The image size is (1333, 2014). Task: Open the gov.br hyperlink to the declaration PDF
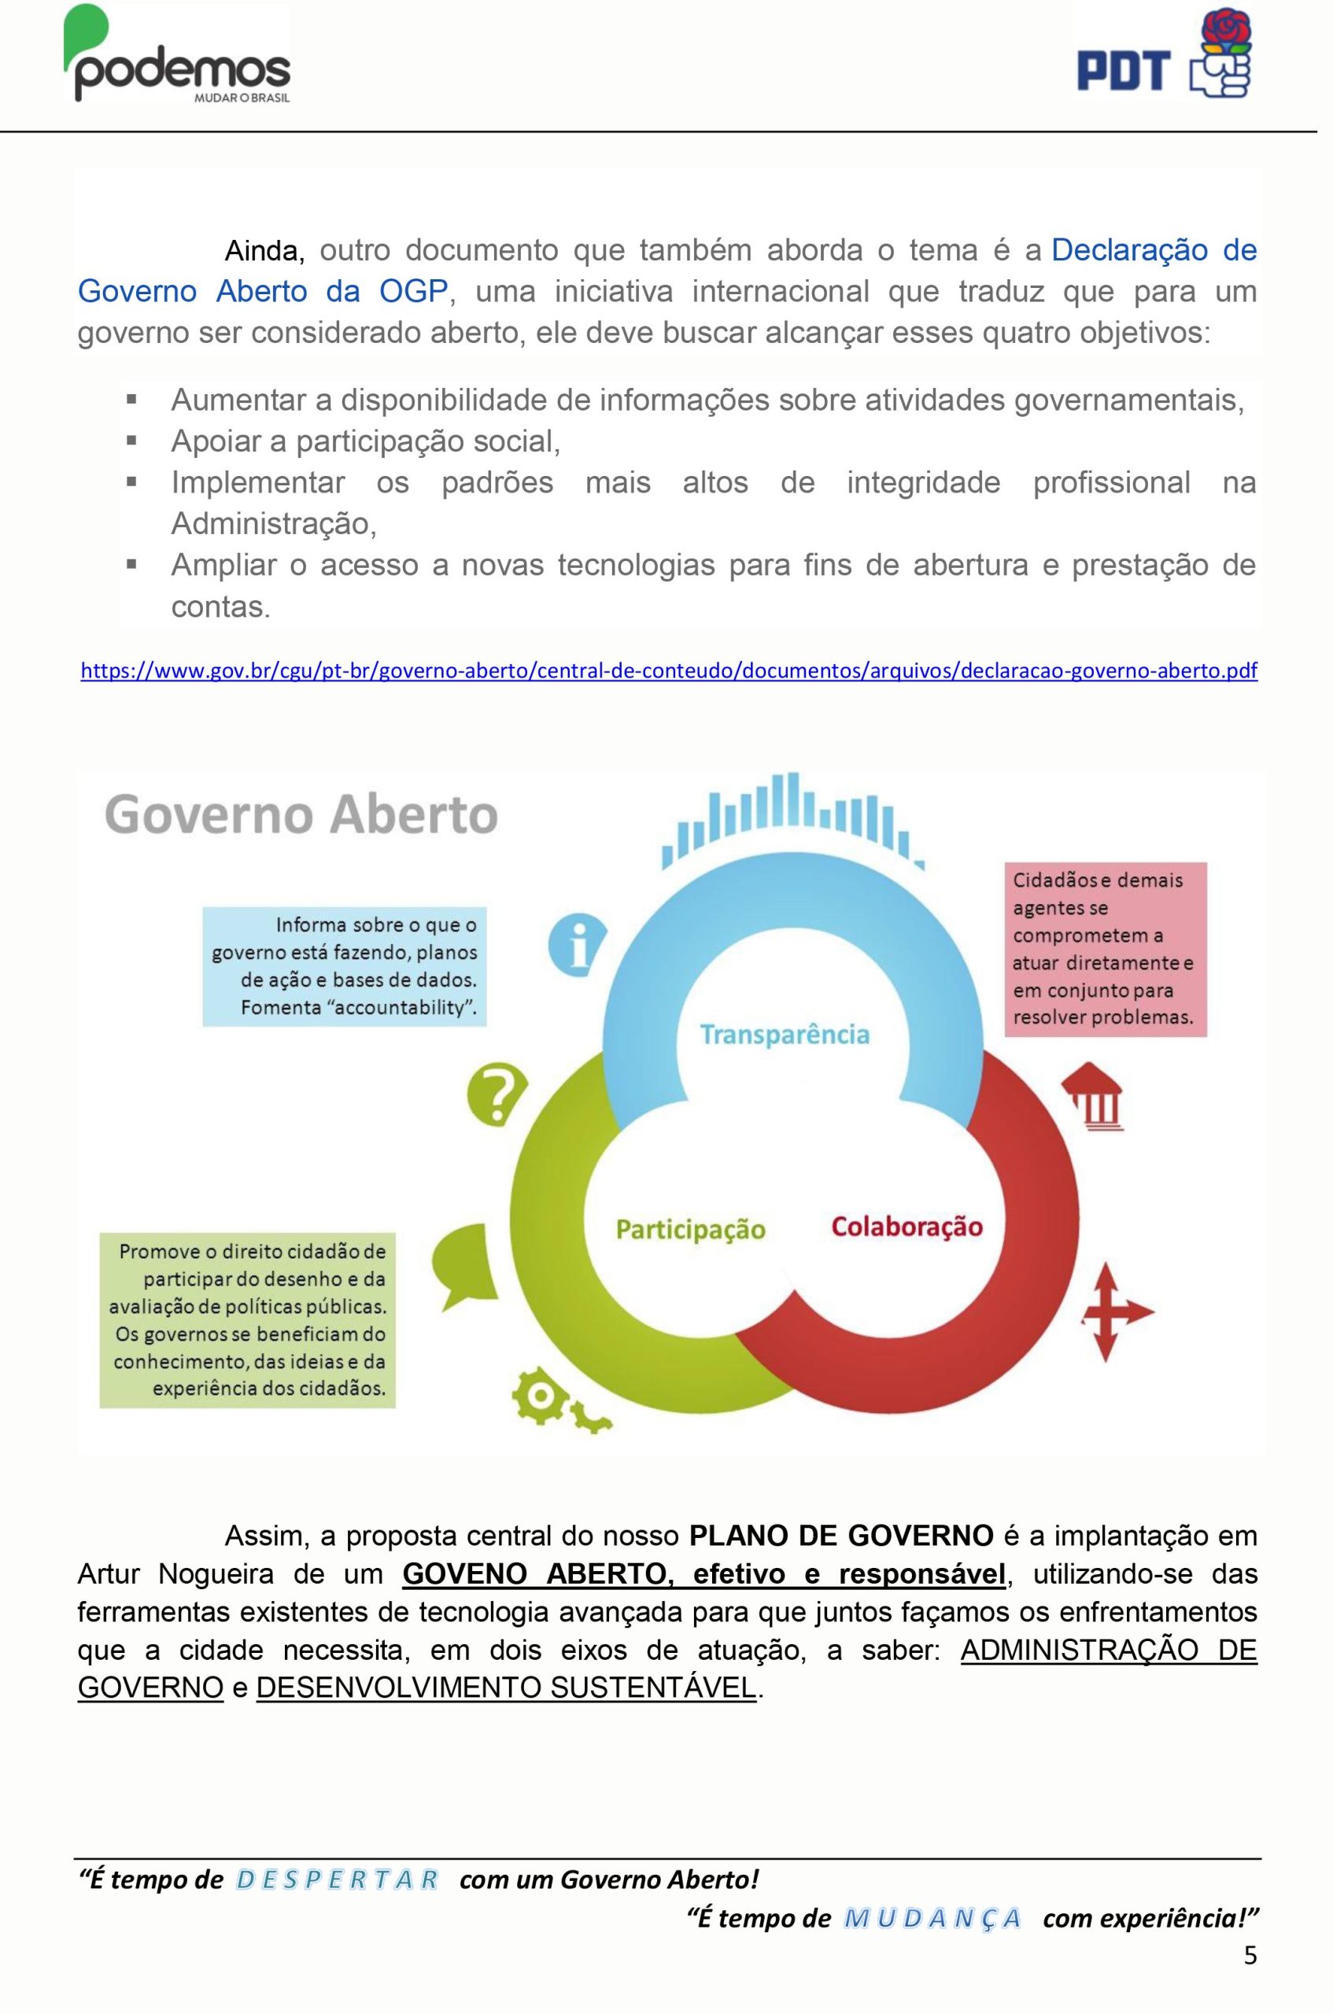pos(669,671)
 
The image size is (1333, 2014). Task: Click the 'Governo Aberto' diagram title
pos(301,814)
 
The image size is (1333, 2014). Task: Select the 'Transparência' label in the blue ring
pos(785,1035)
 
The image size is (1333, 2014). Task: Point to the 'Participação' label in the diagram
pos(690,1230)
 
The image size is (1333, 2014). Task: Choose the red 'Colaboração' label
pos(907,1226)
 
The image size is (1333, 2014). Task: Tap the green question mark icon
pos(497,1094)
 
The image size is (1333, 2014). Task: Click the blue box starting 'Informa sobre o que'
pos(345,966)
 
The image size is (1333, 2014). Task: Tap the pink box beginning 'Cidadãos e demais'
pos(1105,950)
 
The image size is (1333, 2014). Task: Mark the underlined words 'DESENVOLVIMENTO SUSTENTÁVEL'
pos(506,1687)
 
